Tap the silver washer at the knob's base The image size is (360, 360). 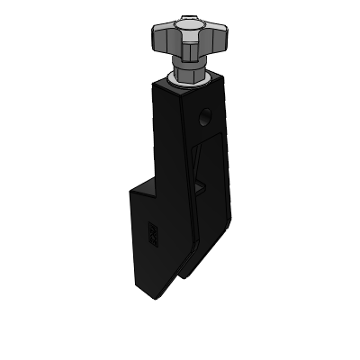click(189, 83)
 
